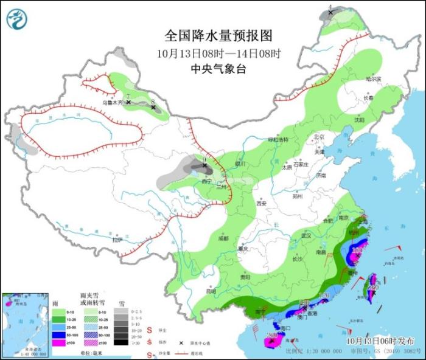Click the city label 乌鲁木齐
(112, 103)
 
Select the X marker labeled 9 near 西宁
(204, 165)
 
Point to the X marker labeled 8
(153, 108)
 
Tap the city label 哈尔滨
(372, 79)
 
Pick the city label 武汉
(306, 235)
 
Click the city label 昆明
(211, 291)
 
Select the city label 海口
(285, 328)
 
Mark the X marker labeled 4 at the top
(331, 12)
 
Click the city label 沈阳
(359, 120)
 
